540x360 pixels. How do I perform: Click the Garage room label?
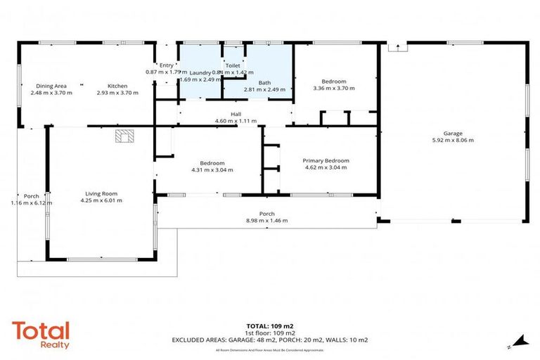point(458,133)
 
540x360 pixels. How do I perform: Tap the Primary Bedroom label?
point(326,160)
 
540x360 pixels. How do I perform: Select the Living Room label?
point(101,193)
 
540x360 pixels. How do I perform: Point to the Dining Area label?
point(51,85)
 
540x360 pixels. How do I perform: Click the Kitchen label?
point(116,85)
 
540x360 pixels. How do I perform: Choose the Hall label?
point(236,114)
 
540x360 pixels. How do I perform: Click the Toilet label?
point(232,65)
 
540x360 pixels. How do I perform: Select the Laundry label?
point(200,72)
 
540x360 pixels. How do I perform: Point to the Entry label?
point(166,65)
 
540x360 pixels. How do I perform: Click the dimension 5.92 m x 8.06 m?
point(458,140)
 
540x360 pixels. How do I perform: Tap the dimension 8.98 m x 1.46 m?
point(266,220)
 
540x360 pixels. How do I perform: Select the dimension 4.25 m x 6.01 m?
point(101,200)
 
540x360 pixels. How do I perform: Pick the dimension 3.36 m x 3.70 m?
point(333,89)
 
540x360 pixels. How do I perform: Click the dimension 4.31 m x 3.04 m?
point(212,169)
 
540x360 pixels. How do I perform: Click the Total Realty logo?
point(41,333)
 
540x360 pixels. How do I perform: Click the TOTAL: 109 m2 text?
point(270,326)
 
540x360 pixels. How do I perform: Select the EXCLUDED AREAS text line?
point(270,340)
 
